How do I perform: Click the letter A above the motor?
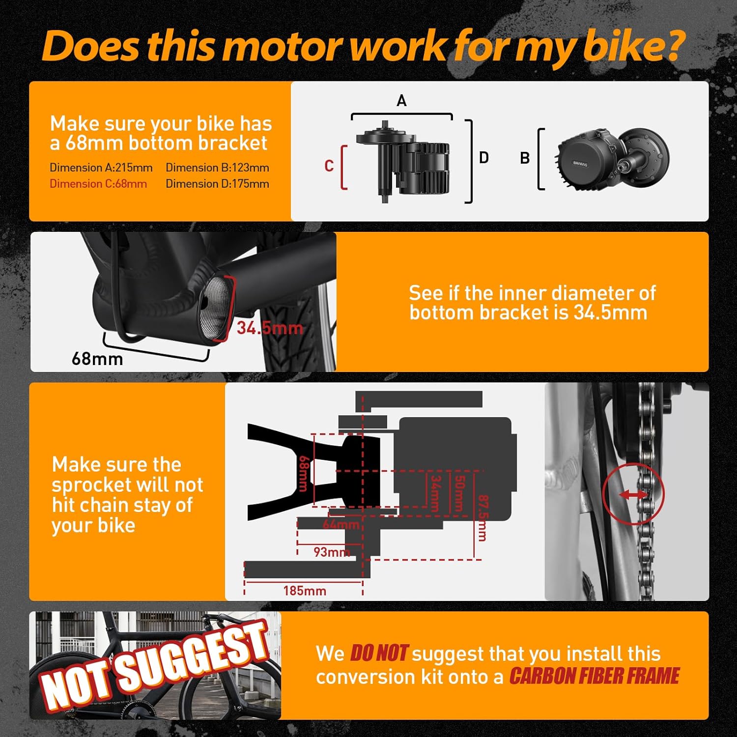point(401,101)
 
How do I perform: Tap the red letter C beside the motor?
point(329,166)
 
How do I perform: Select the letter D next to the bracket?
point(484,158)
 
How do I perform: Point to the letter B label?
point(525,158)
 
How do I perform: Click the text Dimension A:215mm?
point(101,168)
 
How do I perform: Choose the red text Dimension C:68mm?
point(98,184)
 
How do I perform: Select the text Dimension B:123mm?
point(217,168)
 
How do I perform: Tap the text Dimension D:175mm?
point(217,184)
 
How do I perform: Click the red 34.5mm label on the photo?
point(270,328)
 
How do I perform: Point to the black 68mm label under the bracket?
point(97,359)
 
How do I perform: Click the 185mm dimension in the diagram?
point(305,591)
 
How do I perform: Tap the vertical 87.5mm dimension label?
point(483,518)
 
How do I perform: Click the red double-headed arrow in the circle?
point(633,495)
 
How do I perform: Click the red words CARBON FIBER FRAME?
point(594,676)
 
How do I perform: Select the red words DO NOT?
point(378,653)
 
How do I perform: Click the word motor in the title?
point(284,46)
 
